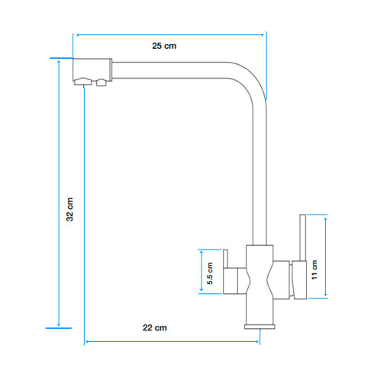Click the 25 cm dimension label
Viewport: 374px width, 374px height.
pos(164,47)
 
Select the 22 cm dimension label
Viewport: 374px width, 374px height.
pos(155,328)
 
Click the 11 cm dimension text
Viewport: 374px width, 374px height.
pos(314,267)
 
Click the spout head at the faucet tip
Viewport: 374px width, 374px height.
pos(92,72)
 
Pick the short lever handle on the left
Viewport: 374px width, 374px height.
pos(225,260)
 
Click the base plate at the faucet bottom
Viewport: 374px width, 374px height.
pos(260,326)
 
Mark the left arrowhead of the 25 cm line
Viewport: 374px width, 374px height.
pos(76,34)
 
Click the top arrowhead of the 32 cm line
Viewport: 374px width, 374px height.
pos(59,61)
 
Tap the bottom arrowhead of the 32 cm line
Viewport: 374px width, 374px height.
pos(59,324)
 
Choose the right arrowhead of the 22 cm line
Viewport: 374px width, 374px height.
pos(264,341)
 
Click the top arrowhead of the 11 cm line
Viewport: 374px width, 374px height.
pos(326,218)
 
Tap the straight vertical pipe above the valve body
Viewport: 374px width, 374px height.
pos(260,176)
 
